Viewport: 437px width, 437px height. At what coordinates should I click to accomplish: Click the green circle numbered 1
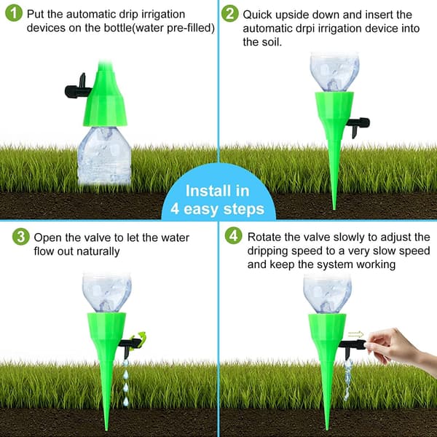(x=14, y=13)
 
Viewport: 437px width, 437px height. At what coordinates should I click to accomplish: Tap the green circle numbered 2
(x=230, y=14)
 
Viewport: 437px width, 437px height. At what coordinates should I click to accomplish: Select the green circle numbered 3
(x=21, y=237)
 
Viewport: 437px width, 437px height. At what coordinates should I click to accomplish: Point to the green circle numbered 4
(x=234, y=236)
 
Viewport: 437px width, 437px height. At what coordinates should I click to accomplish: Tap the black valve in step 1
(x=78, y=88)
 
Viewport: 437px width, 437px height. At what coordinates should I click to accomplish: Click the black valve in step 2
(x=358, y=126)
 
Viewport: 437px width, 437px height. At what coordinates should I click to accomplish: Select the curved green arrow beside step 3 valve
(x=140, y=339)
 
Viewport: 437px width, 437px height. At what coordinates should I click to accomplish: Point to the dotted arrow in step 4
(x=356, y=334)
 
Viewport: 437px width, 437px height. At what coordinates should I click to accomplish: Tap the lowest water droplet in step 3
(x=126, y=401)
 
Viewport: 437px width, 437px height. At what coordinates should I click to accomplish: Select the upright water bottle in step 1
(x=104, y=156)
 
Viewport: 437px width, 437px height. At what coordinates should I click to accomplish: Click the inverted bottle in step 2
(x=334, y=72)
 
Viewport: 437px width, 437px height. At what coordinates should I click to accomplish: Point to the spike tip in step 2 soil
(x=334, y=209)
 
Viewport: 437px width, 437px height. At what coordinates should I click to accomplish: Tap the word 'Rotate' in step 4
(x=264, y=237)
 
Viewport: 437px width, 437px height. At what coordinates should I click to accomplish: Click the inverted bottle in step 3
(x=107, y=293)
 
